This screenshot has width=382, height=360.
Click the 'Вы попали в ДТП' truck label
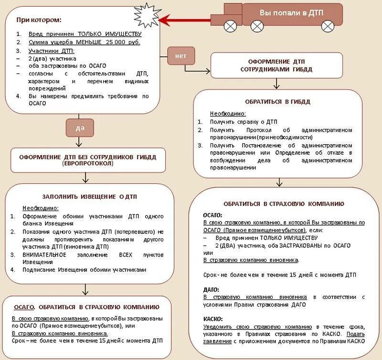(x=291, y=12)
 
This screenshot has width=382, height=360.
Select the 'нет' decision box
(x=181, y=56)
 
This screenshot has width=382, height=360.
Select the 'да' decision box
(x=80, y=127)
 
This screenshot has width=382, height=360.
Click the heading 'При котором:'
(x=39, y=20)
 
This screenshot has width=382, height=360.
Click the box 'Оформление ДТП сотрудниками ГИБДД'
(x=277, y=65)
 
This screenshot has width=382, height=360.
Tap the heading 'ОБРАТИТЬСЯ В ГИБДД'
(x=277, y=102)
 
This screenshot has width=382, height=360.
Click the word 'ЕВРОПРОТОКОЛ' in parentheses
(x=87, y=163)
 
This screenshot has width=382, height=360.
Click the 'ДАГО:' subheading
(x=211, y=289)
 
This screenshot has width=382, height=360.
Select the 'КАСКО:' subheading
(x=213, y=318)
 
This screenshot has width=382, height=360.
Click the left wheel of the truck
(x=231, y=25)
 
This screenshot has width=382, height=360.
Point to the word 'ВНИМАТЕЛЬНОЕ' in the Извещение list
(x=44, y=254)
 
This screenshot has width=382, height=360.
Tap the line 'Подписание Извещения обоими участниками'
(x=84, y=270)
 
